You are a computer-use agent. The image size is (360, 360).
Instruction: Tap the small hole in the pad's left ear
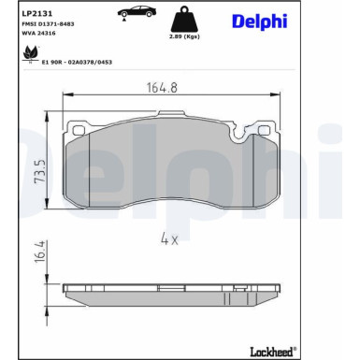79,131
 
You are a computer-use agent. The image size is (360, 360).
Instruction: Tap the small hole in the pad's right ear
271,131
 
